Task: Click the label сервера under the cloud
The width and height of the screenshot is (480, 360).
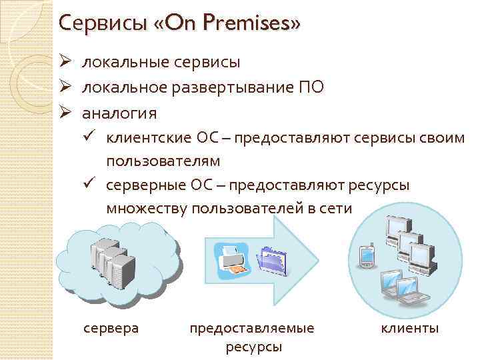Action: coord(111,328)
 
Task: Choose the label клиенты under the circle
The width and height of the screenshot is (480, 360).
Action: coord(409,328)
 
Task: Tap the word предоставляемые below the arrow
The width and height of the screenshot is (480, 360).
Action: coord(252,328)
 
